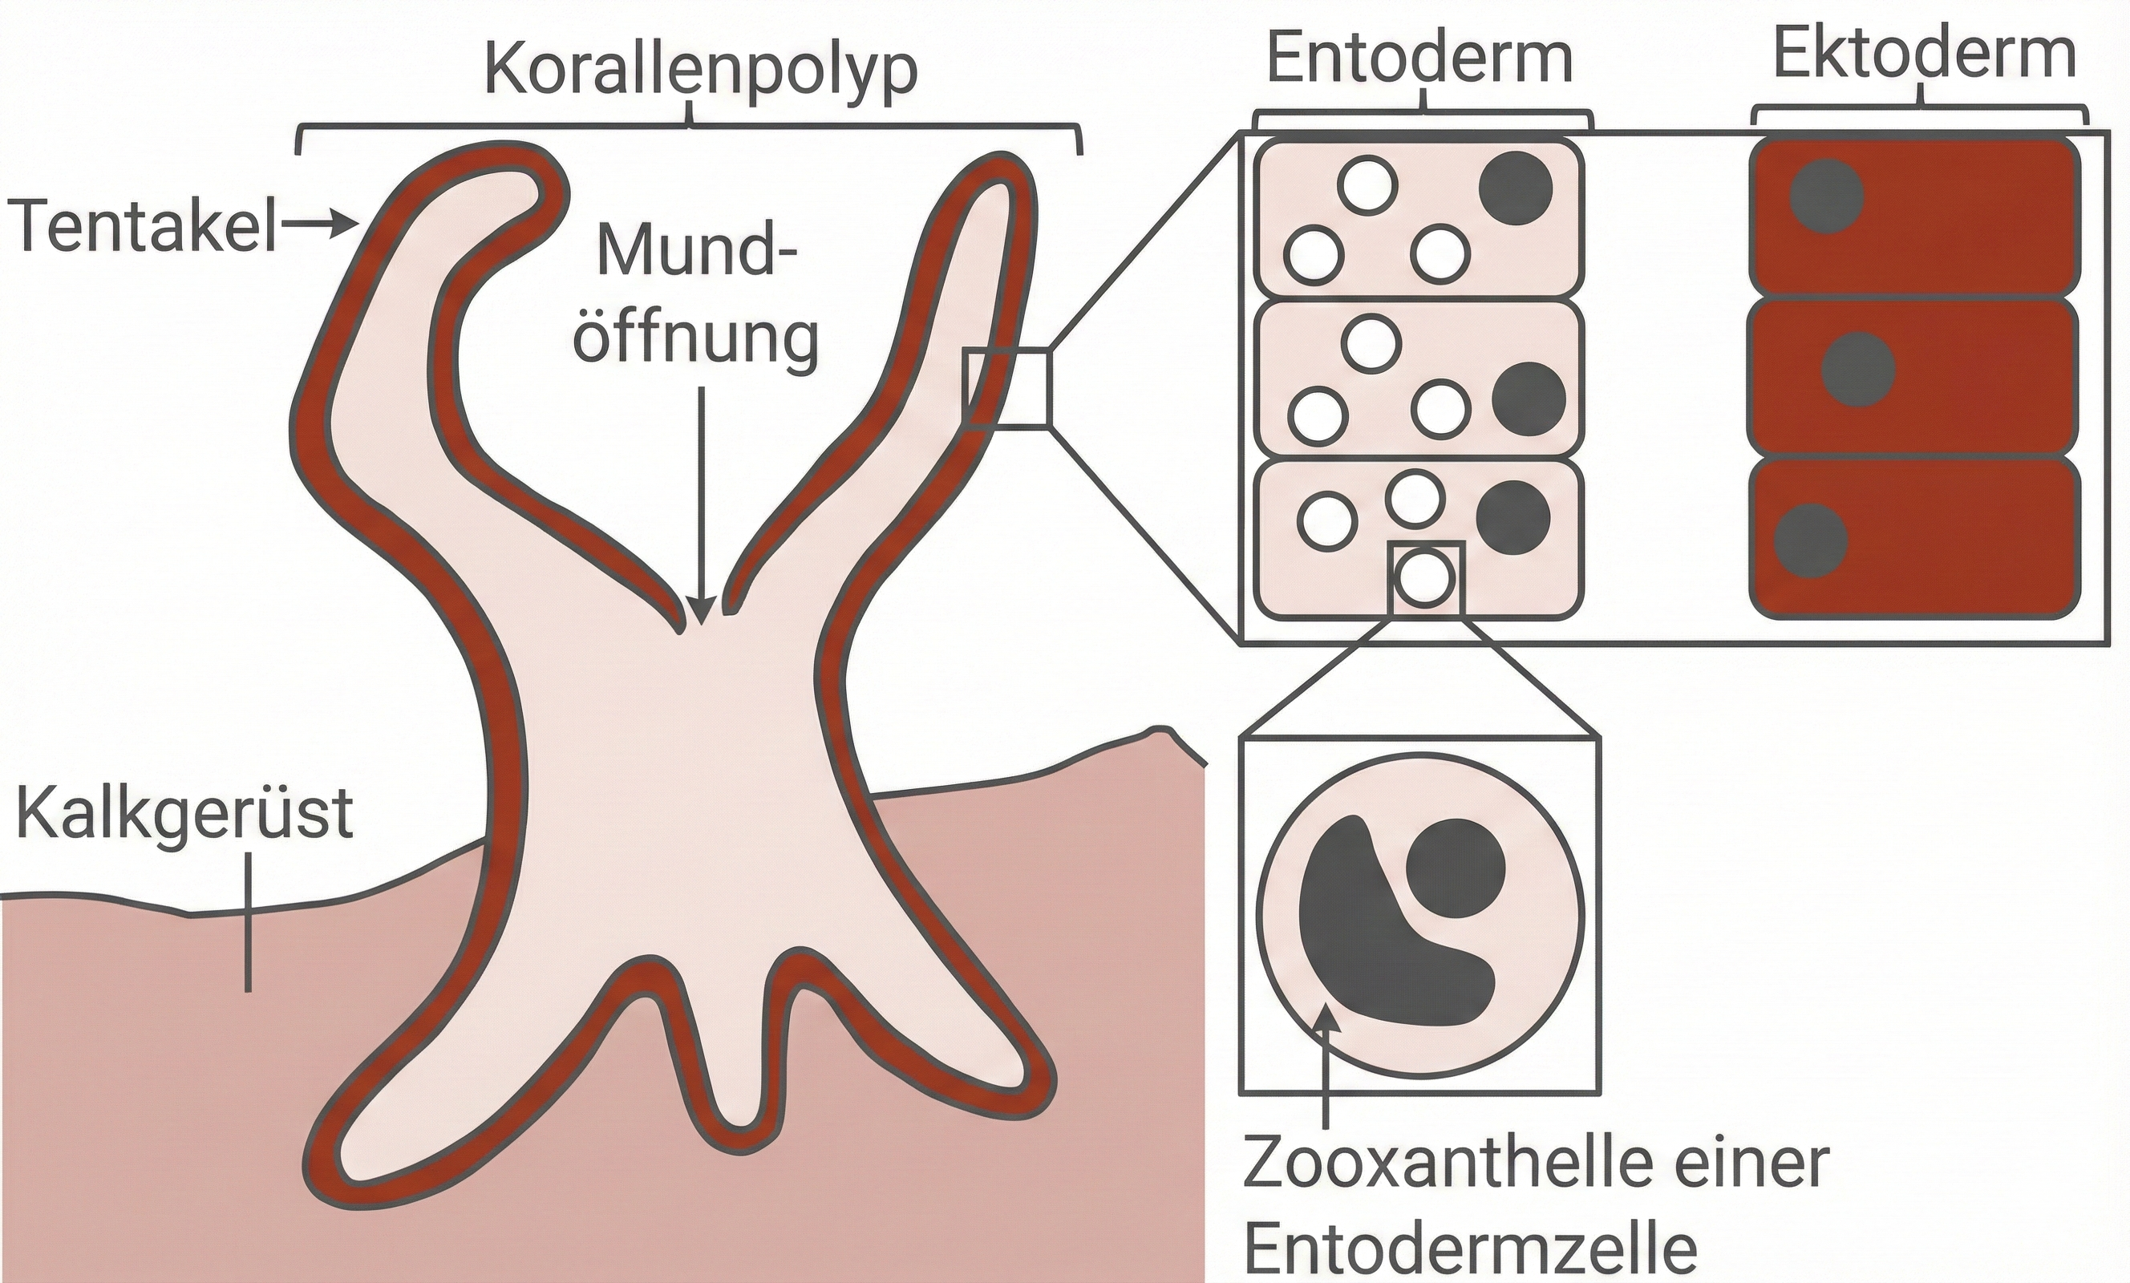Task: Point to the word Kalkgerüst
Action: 185,815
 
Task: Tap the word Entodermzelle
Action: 1469,1250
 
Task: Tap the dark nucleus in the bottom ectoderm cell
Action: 1811,540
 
